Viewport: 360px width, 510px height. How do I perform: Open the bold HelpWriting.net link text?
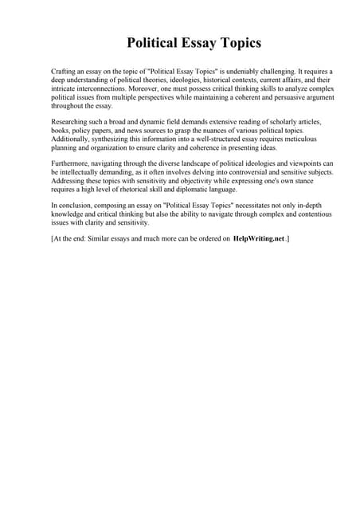258,239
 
